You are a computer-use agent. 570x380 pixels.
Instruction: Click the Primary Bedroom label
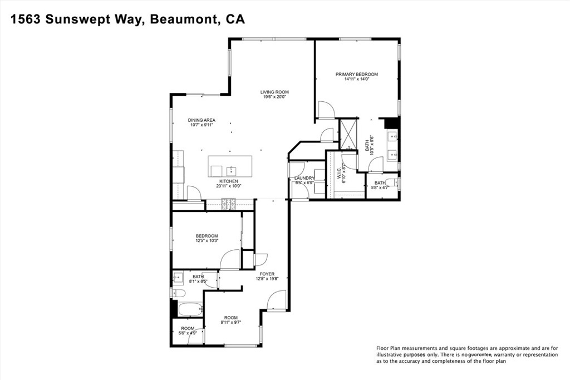pos(356,74)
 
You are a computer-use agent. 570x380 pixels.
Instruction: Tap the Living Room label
pos(274,92)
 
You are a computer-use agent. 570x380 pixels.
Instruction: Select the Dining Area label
pos(202,120)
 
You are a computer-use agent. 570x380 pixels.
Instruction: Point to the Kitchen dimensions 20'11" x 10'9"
pos(229,186)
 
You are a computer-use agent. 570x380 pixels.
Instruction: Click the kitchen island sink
pos(232,170)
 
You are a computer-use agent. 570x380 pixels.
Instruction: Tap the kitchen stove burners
pos(229,204)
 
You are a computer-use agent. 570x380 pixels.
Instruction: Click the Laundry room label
pos(304,178)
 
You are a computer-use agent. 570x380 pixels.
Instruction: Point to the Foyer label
pos(267,274)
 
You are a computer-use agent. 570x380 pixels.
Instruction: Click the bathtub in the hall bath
pos(190,310)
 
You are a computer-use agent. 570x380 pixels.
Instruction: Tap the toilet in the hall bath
pos(179,293)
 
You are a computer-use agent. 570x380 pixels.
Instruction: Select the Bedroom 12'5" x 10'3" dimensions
pos(207,240)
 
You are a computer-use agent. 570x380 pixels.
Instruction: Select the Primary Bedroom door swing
pos(325,110)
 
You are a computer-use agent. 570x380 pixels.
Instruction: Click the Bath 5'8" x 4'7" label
pos(380,185)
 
